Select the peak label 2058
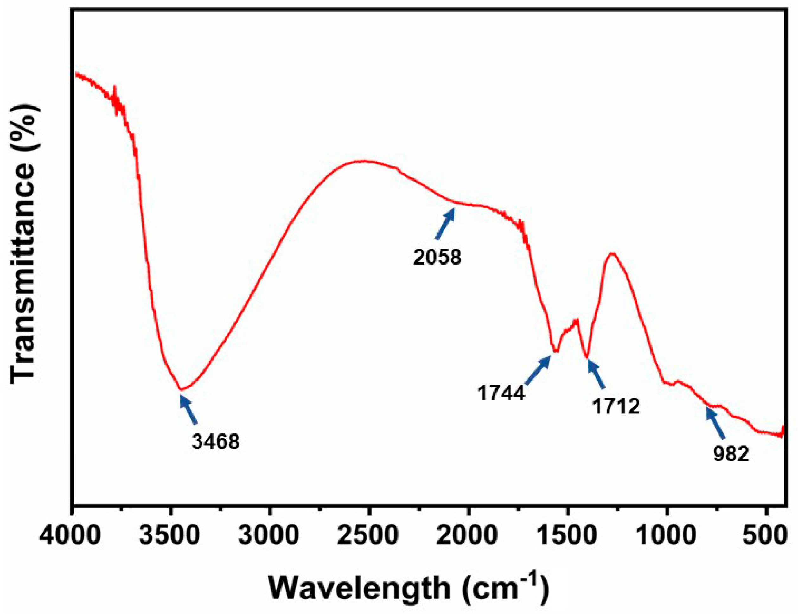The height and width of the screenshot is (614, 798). [437, 257]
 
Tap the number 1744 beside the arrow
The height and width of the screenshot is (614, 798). [501, 393]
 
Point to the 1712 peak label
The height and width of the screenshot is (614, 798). [616, 406]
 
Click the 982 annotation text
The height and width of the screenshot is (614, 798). [731, 454]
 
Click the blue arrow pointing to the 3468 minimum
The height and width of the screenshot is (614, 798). [189, 410]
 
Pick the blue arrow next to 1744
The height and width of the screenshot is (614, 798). [538, 370]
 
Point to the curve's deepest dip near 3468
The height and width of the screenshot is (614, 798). [181, 390]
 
